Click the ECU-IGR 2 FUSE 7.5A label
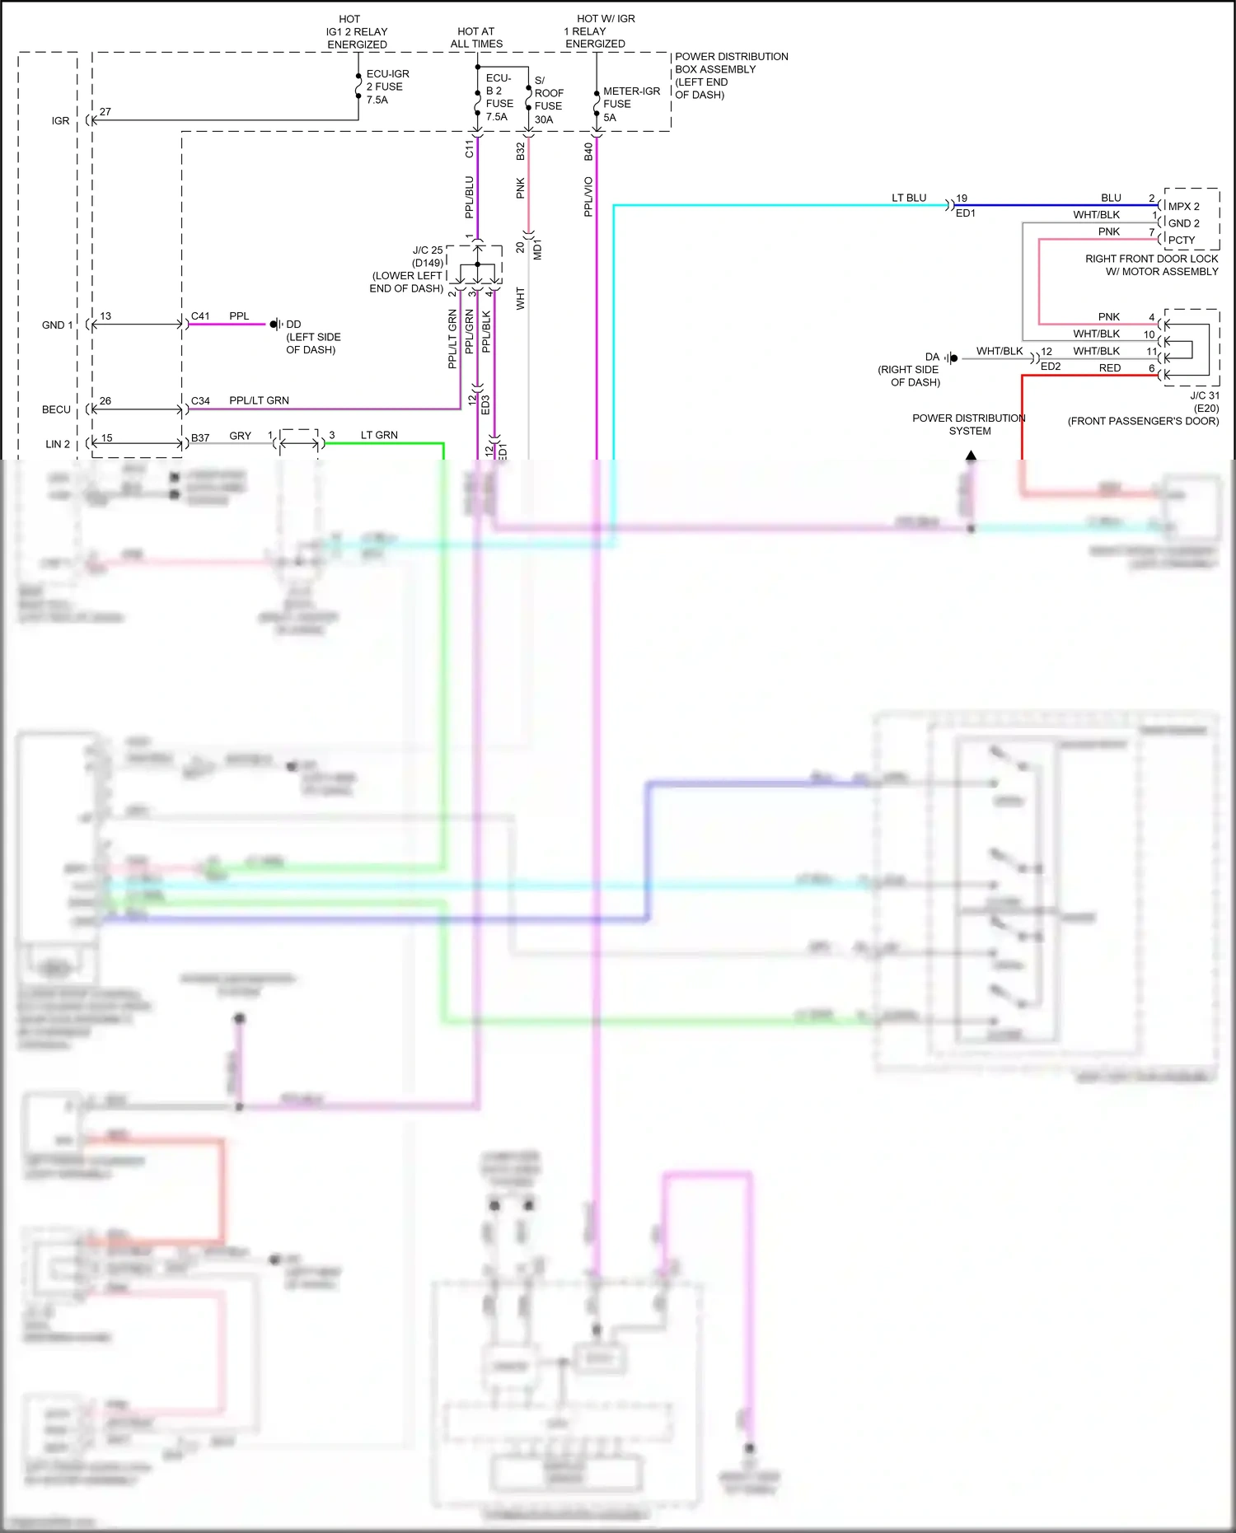tap(387, 86)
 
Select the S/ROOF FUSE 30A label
tap(549, 100)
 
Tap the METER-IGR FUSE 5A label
tap(631, 104)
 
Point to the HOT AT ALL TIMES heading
tap(476, 38)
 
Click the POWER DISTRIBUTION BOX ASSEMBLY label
tap(731, 75)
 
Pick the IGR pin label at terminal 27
tap(61, 120)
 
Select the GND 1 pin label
tap(57, 325)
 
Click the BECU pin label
tap(56, 409)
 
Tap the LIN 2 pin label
tap(58, 444)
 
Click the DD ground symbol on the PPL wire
tap(275, 325)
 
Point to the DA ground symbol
tap(952, 358)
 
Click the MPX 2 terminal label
tap(1183, 207)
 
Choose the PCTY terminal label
tap(1181, 241)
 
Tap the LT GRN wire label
tap(379, 435)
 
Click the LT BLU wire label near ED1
tap(909, 198)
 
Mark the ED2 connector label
tap(1051, 367)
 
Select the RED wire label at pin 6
tap(1110, 368)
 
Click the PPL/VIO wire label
tap(588, 197)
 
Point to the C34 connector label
tap(200, 401)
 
